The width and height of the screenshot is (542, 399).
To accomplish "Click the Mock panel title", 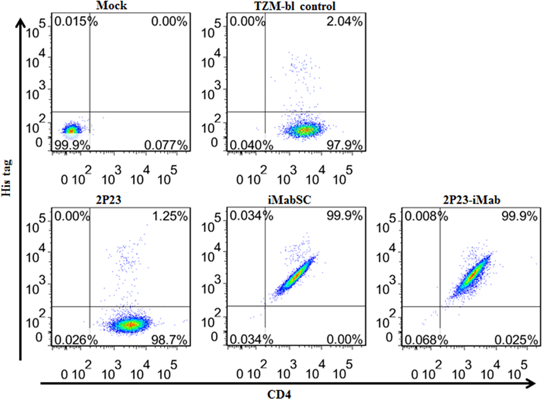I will [111, 5].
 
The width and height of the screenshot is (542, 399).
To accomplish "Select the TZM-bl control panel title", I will [295, 6].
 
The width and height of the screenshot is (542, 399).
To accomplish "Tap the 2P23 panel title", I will [108, 200].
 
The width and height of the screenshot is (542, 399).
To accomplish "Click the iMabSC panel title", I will [290, 200].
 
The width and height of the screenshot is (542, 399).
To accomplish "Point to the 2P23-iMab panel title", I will [471, 200].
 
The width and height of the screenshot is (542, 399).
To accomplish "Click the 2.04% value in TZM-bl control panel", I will [344, 22].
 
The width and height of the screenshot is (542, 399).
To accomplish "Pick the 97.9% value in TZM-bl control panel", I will [344, 145].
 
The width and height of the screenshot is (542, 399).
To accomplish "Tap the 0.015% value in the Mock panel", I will [76, 22].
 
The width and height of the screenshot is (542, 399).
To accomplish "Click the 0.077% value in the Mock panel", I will [166, 145].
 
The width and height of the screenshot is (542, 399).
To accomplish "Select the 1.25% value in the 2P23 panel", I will [170, 216].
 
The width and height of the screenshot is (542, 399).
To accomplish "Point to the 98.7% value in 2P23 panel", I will [169, 340].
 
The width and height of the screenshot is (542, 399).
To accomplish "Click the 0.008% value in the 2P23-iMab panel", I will [426, 216].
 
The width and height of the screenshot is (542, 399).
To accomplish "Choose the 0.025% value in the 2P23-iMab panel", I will [516, 340].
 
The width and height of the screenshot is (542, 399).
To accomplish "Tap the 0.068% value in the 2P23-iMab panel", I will [426, 340].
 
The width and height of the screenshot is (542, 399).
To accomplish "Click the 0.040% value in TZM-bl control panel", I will [251, 145].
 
